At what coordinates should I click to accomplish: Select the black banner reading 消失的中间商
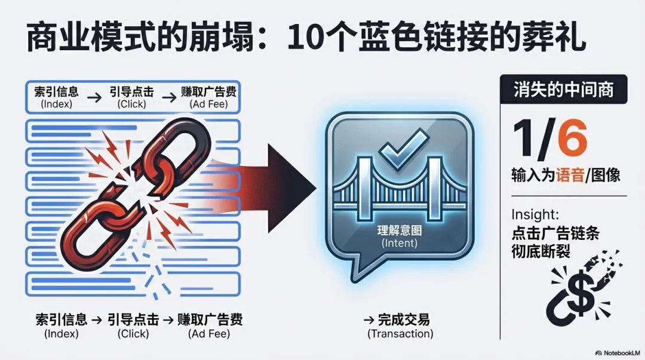point(563,91)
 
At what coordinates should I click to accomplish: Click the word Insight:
point(535,215)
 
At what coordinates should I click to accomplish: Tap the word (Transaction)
point(400,334)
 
